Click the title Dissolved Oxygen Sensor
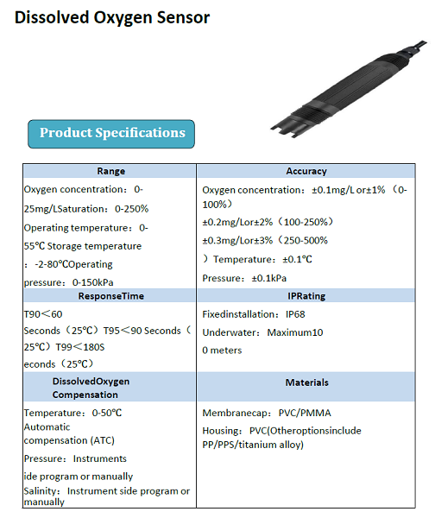click(112, 17)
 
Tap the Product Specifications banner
click(112, 133)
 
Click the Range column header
click(110, 171)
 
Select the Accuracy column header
click(306, 171)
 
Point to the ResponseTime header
click(110, 295)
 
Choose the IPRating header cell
click(306, 295)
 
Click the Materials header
click(306, 382)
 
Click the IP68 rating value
click(295, 314)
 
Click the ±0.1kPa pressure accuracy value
click(268, 278)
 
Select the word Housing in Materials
click(221, 430)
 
